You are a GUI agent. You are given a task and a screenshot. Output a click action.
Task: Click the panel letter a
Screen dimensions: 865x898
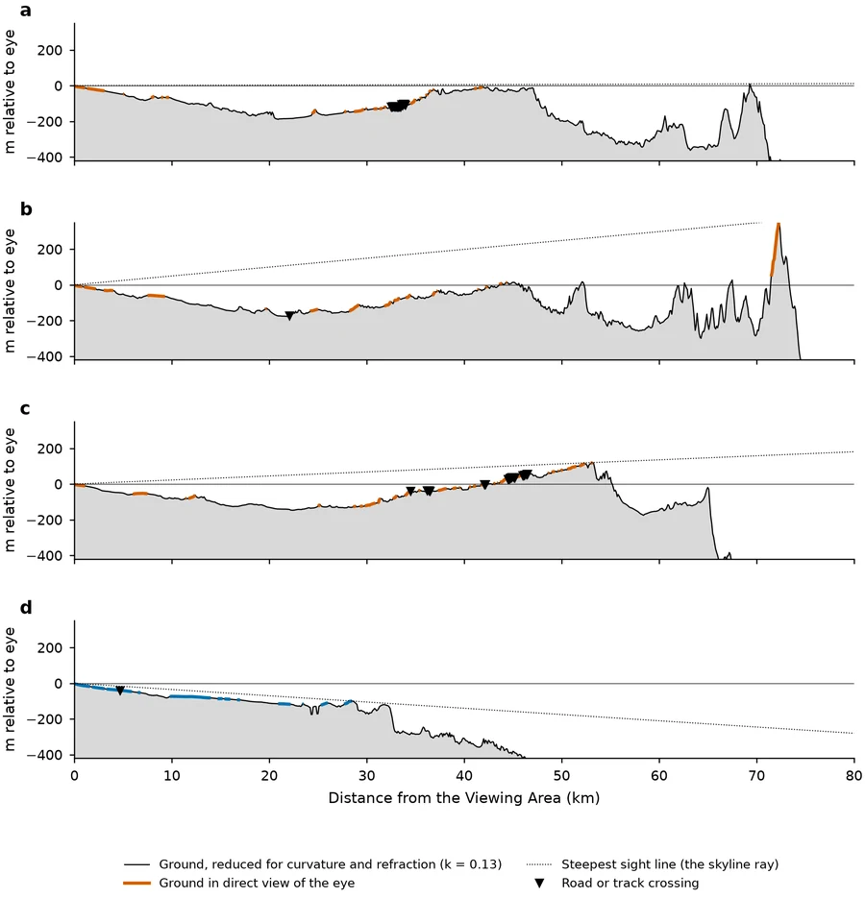[x=25, y=11]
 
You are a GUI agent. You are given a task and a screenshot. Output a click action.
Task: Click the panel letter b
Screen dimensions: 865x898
[x=26, y=209]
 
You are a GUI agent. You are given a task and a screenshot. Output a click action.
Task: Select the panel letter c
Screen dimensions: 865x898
[x=25, y=409]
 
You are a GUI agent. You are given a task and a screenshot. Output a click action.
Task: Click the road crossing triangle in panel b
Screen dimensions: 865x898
[x=289, y=316]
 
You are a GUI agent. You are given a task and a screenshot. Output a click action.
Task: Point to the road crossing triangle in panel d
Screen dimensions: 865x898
[x=120, y=691]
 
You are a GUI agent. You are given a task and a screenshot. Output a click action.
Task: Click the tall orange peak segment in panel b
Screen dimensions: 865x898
[x=775, y=249]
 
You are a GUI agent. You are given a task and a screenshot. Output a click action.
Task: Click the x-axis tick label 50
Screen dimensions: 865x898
[x=561, y=775]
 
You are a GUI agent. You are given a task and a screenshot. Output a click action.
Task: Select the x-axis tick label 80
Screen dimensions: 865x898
[x=853, y=775]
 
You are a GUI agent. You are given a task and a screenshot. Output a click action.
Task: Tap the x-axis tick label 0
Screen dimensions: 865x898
[x=75, y=775]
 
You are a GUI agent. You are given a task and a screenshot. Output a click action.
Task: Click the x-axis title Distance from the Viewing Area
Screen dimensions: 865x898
[x=444, y=798]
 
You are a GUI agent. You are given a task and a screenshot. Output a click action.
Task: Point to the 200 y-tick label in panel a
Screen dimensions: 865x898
[x=50, y=50]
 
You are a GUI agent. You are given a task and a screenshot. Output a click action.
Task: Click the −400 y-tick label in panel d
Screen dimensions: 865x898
[x=45, y=755]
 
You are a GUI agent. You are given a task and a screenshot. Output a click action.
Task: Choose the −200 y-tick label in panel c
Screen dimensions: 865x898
[x=45, y=520]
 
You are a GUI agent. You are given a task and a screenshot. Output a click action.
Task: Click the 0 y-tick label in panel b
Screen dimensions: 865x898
[x=58, y=285]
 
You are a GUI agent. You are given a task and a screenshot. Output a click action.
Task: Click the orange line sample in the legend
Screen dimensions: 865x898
[x=137, y=883]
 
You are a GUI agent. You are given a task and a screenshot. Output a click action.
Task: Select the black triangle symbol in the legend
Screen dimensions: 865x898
[x=539, y=883]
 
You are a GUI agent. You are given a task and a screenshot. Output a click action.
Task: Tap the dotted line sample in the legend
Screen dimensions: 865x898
[x=539, y=864]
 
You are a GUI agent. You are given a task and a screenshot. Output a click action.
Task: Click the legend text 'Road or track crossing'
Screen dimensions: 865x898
[x=630, y=883]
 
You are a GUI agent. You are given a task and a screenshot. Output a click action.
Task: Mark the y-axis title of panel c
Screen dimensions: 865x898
[x=10, y=490]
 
